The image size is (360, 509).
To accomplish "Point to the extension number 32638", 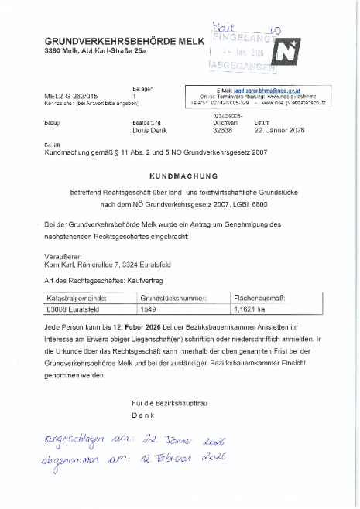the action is (x=223, y=132).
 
